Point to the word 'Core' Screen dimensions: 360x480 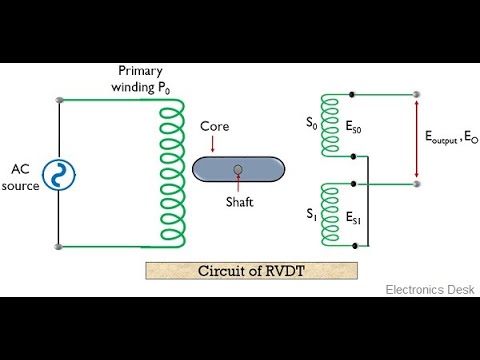(x=215, y=128)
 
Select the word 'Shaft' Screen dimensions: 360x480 (x=239, y=199)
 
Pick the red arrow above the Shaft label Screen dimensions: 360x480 (x=237, y=184)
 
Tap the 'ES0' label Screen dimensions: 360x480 (x=356, y=130)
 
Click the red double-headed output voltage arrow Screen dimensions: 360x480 (x=417, y=140)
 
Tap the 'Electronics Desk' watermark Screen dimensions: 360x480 (x=430, y=289)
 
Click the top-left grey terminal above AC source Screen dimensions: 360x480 (x=60, y=100)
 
